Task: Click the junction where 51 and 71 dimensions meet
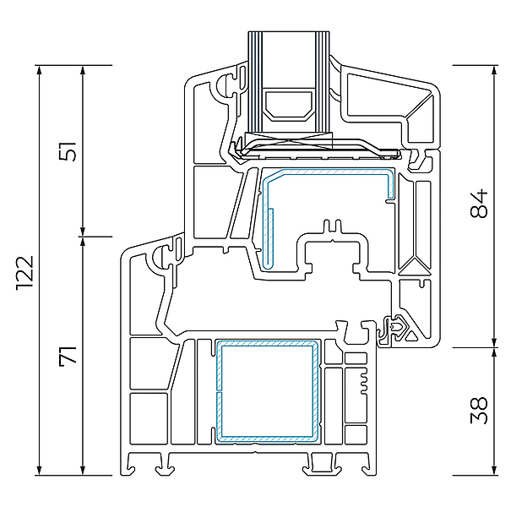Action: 82,236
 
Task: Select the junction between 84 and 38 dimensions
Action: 494,347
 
